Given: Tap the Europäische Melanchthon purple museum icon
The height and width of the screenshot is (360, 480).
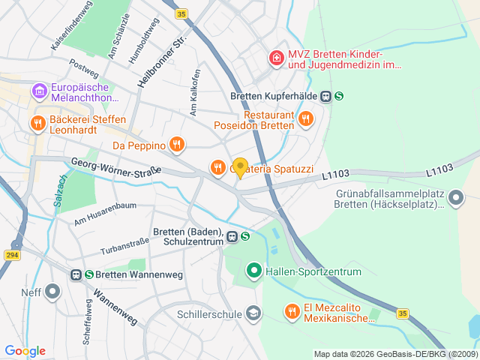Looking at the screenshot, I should [x=39, y=91].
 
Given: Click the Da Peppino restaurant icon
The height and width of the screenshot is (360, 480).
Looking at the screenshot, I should [x=176, y=144].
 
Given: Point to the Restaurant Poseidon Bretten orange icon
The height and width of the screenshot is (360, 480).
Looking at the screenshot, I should [x=305, y=118].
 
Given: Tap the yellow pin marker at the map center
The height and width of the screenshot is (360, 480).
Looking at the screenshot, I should [x=240, y=167].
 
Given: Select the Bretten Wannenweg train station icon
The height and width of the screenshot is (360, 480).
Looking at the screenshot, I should [x=76, y=275].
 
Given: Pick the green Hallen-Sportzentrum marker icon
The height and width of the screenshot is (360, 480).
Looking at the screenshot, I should [x=253, y=271].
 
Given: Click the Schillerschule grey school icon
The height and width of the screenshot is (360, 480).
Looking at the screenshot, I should [x=253, y=313].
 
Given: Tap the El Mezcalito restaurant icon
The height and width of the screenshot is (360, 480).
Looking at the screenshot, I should [x=291, y=310].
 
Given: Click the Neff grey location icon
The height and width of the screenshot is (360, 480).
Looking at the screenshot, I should [x=52, y=290].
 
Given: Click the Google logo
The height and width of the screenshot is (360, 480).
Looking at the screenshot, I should [x=25, y=351].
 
